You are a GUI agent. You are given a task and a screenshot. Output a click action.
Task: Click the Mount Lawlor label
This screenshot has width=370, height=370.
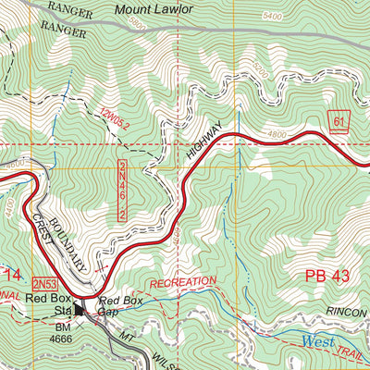pyautogui.click(x=154, y=8)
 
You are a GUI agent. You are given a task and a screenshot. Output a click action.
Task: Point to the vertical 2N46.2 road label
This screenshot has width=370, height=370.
pyautogui.click(x=121, y=190)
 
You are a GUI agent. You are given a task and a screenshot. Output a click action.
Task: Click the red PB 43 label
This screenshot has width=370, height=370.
pyautogui.click(x=326, y=276)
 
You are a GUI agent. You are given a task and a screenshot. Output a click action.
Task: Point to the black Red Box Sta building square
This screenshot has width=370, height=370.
pyautogui.click(x=80, y=312)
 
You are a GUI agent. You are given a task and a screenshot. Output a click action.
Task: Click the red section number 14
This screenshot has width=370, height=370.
pyautogui.click(x=11, y=275)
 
